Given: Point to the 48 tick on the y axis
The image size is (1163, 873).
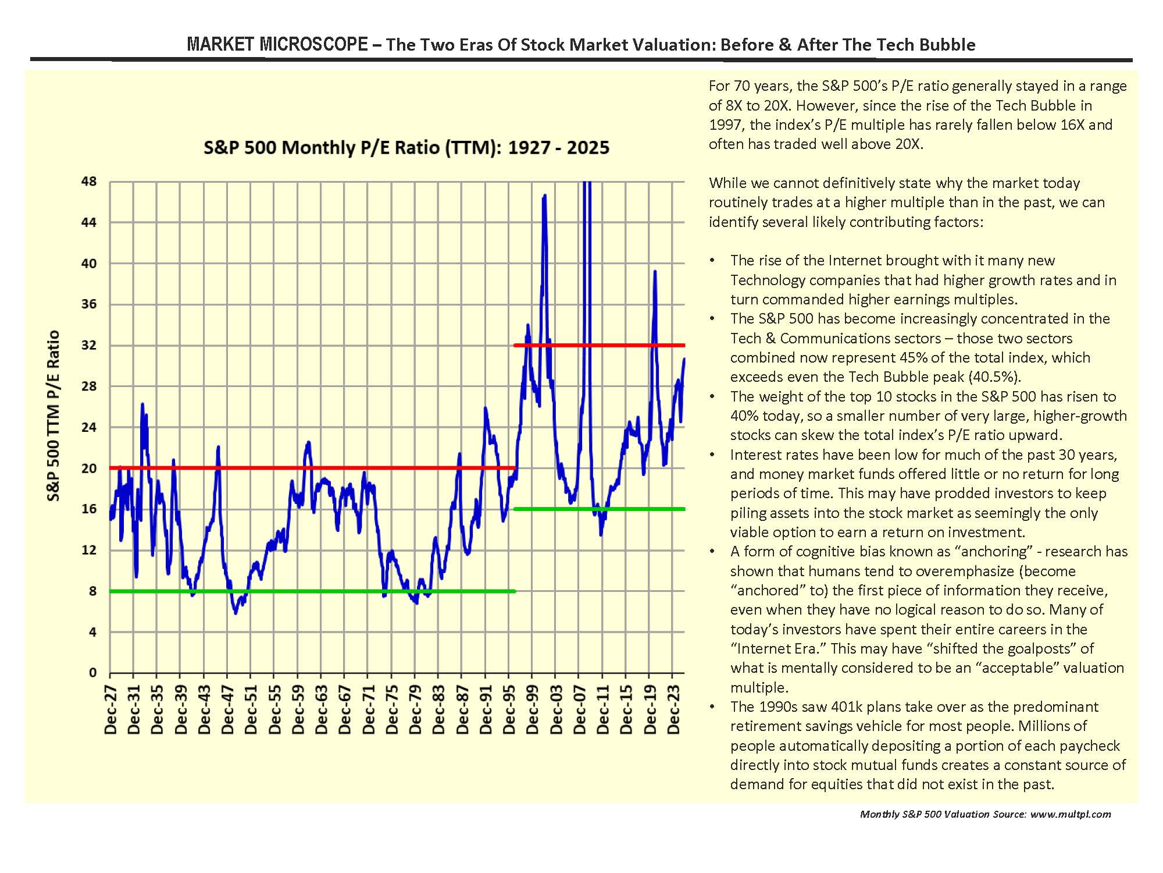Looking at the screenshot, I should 89,182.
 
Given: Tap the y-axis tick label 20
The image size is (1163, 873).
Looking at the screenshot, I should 89,468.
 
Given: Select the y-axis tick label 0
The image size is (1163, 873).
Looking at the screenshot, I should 92,673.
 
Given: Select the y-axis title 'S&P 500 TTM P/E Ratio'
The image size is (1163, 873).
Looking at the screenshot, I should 53,416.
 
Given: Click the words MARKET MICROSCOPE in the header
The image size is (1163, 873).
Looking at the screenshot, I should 277,45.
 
